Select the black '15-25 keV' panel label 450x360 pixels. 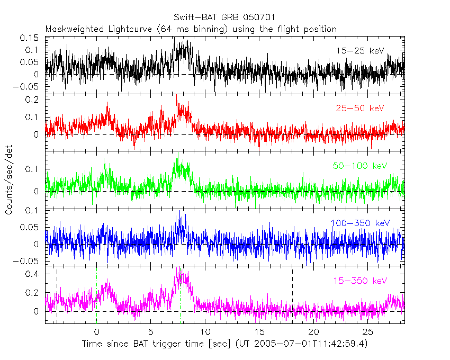360,51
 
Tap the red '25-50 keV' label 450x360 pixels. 360,109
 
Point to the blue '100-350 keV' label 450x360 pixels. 360,223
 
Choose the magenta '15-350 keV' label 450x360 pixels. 360,280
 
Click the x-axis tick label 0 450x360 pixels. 96,332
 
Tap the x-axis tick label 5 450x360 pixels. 151,332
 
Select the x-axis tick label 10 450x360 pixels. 205,332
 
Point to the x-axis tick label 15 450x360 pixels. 259,332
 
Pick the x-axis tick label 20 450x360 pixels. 314,332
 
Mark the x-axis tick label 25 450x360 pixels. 368,332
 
